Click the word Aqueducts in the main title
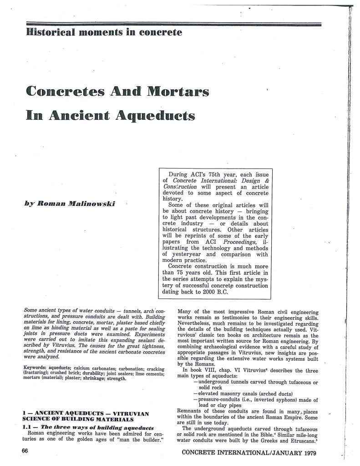[x=156, y=115]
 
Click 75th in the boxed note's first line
[x=221, y=174]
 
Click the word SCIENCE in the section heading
[x=36, y=419]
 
